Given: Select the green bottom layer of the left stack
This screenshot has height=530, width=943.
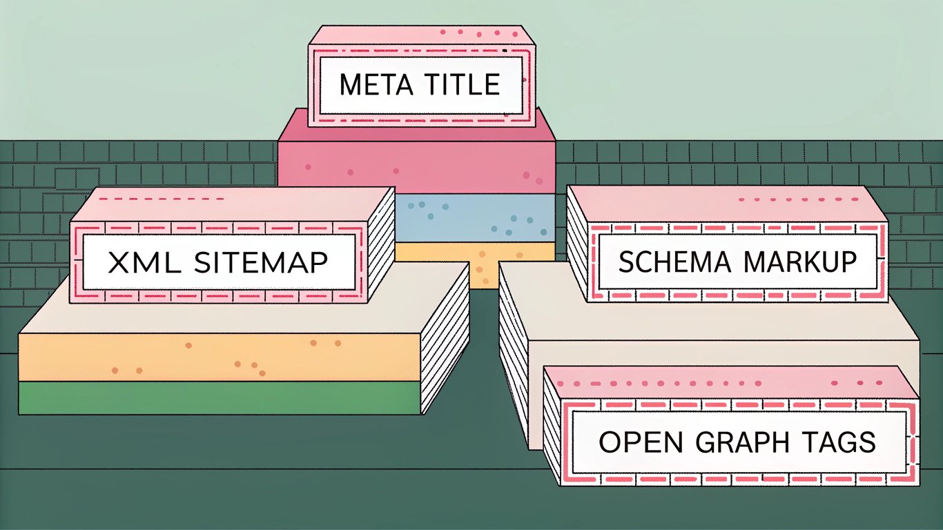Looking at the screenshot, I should [207, 397].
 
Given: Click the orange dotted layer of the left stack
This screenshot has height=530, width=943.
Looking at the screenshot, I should [207, 356].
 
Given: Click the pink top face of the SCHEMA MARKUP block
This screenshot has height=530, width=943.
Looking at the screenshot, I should [725, 204].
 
